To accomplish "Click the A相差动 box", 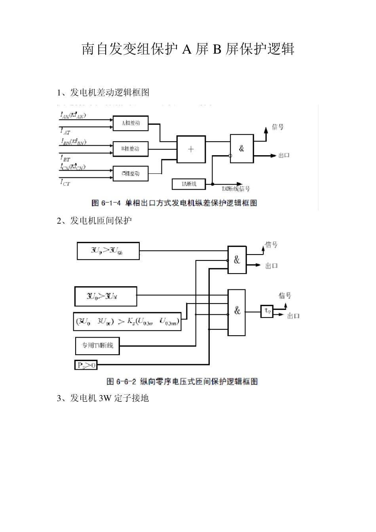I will pos(131,123).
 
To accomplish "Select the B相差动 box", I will pos(131,149).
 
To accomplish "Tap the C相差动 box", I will pos(131,173).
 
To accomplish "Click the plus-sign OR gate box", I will pos(191,149).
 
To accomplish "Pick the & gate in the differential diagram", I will pos(242,148).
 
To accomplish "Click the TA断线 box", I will pos(189,184).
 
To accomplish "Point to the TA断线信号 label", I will pos(236,189).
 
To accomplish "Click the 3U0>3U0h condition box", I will pos(108,251).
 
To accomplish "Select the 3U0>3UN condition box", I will pos(106,296).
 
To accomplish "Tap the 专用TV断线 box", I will pos(97,346).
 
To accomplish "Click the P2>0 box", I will pos(86,365).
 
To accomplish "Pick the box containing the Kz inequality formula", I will pos(127,321).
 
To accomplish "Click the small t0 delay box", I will pos(267,312).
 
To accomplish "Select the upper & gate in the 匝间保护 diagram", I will pos(237,260).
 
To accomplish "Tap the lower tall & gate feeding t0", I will pos(237,312).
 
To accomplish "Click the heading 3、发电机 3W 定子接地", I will pos(103,398).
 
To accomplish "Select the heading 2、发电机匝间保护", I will pos(94,221).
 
